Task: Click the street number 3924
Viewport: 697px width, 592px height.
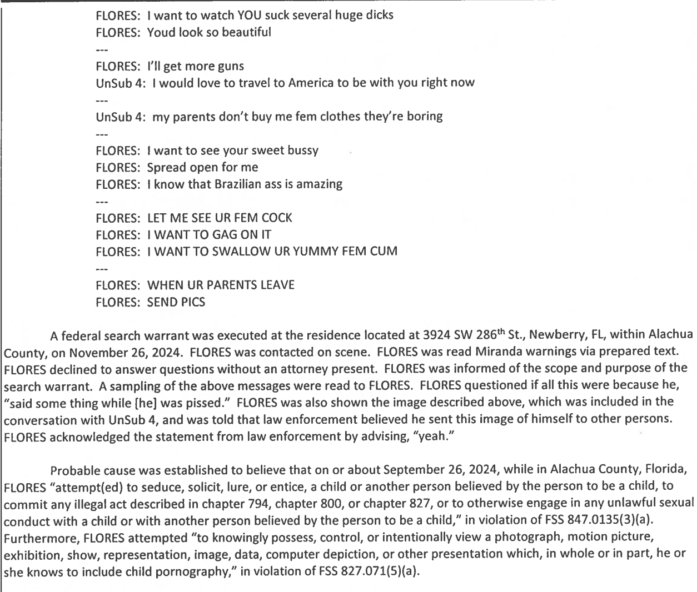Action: click(435, 335)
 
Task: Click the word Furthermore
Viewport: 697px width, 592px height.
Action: click(35, 538)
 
